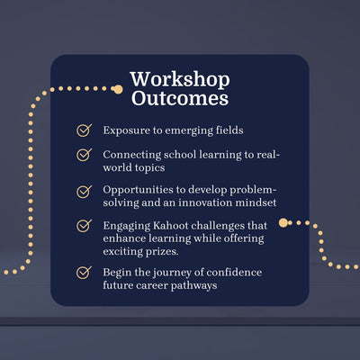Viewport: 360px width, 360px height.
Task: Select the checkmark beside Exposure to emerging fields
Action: tap(84, 130)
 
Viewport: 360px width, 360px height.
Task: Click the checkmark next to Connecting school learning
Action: tap(84, 155)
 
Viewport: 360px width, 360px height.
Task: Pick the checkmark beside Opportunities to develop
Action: tap(84, 192)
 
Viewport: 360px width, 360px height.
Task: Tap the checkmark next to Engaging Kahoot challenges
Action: tap(84, 225)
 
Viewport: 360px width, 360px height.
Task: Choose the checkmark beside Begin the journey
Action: tap(84, 271)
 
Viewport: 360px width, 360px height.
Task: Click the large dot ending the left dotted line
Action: tap(117, 89)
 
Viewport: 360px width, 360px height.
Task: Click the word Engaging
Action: tap(128, 225)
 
